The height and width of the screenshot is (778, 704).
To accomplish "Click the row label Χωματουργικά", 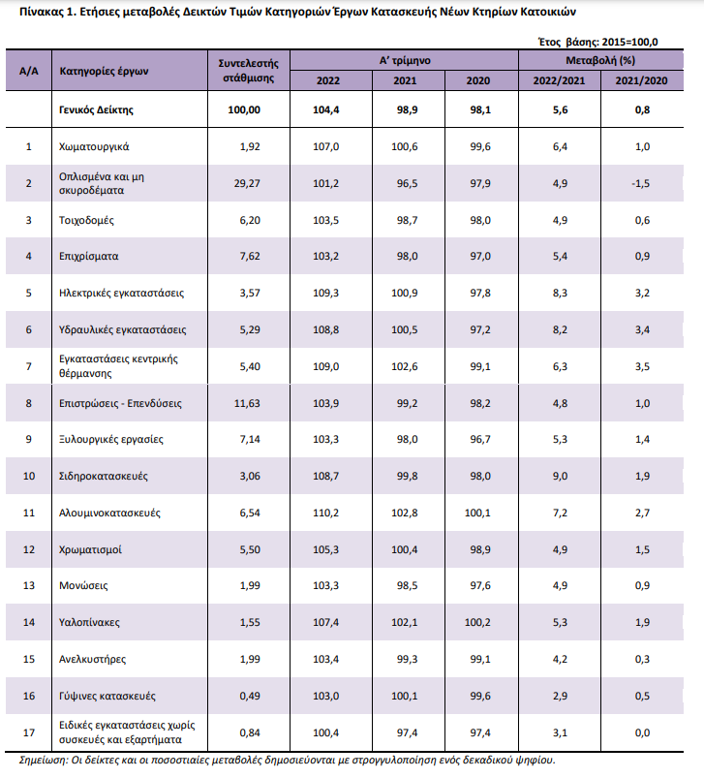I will [x=95, y=146].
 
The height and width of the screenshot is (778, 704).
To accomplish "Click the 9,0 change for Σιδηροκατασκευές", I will [x=561, y=476].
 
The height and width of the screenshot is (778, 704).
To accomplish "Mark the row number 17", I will [x=29, y=731].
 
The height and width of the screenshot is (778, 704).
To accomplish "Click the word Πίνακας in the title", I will [x=27, y=14].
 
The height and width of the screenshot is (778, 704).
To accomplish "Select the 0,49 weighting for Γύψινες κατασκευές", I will [x=249, y=696].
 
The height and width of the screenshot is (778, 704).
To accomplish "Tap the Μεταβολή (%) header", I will [x=600, y=60].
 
